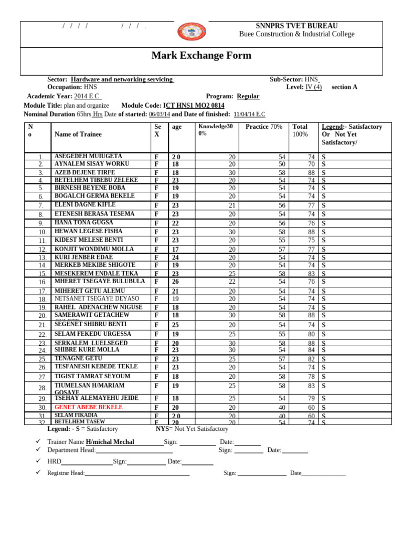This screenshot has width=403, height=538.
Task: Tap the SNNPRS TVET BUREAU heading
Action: [x=296, y=26]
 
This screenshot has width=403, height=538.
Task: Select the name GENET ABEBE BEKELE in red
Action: [x=89, y=407]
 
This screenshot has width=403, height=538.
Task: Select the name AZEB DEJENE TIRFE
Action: [x=84, y=172]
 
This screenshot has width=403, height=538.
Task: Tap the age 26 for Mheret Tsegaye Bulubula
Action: [x=176, y=282]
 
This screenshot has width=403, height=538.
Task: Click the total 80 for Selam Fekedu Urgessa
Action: [x=311, y=334]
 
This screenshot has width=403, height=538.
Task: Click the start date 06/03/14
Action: [x=160, y=114]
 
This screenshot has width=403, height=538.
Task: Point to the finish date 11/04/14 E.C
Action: [x=249, y=114]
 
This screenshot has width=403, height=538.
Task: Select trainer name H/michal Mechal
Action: [x=110, y=442]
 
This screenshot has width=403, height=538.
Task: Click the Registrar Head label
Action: [x=66, y=473]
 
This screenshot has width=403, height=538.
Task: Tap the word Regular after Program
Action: [x=248, y=97]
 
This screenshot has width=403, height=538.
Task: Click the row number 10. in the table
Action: [x=43, y=232]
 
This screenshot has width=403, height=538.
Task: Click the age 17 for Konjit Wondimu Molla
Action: [x=176, y=250]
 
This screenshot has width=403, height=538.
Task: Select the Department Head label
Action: [x=71, y=450]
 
